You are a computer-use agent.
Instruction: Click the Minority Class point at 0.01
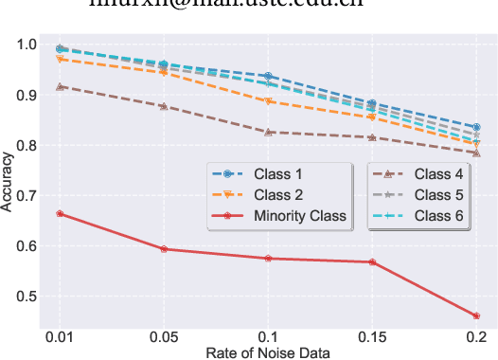click(x=61, y=213)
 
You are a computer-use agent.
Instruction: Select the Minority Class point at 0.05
click(x=164, y=249)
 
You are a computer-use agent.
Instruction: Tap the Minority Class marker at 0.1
click(x=268, y=259)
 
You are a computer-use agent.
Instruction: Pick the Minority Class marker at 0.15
click(x=372, y=262)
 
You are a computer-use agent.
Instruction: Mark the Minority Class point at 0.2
click(x=475, y=316)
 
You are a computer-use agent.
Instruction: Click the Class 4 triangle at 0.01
click(x=61, y=86)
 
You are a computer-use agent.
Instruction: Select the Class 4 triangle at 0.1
click(x=268, y=132)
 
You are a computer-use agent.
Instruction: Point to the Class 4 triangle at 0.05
click(x=164, y=106)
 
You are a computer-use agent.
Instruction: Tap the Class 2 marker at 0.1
click(x=268, y=101)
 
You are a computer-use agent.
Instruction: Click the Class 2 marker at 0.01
click(x=61, y=59)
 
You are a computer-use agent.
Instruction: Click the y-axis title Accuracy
click(x=9, y=183)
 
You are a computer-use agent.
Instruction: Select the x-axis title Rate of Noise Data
click(x=268, y=353)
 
